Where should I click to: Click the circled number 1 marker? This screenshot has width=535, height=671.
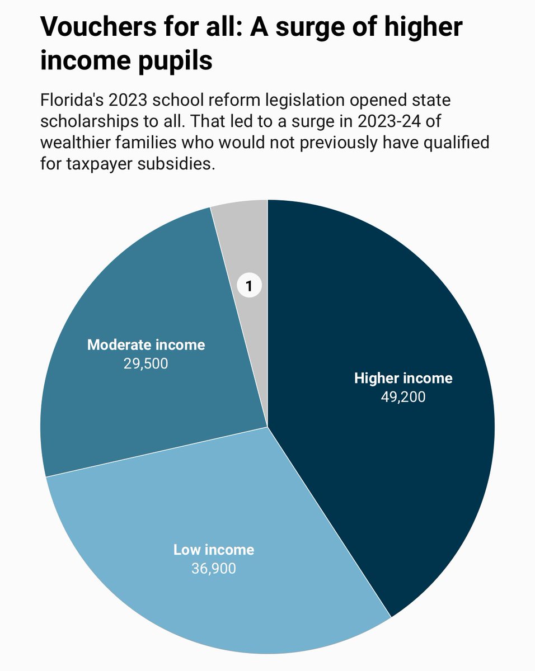coord(250,286)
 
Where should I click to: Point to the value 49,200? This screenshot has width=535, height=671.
coord(403,397)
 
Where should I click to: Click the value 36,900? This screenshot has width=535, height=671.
coord(213,569)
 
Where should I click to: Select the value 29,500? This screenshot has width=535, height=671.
coord(146,363)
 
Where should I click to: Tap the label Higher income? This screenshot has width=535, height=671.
coord(403,379)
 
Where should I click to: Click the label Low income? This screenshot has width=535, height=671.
coord(213,550)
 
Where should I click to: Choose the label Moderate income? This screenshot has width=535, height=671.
coord(146,344)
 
